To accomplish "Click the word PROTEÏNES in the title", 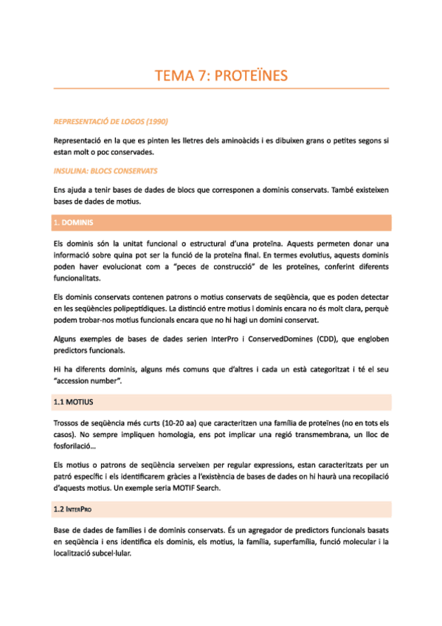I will tap(252, 75).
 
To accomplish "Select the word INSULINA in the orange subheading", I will tap(72, 171).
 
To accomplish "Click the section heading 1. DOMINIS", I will tap(73, 222).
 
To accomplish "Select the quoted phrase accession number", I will tap(87, 380).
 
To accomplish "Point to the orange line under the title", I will tap(221, 89).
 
